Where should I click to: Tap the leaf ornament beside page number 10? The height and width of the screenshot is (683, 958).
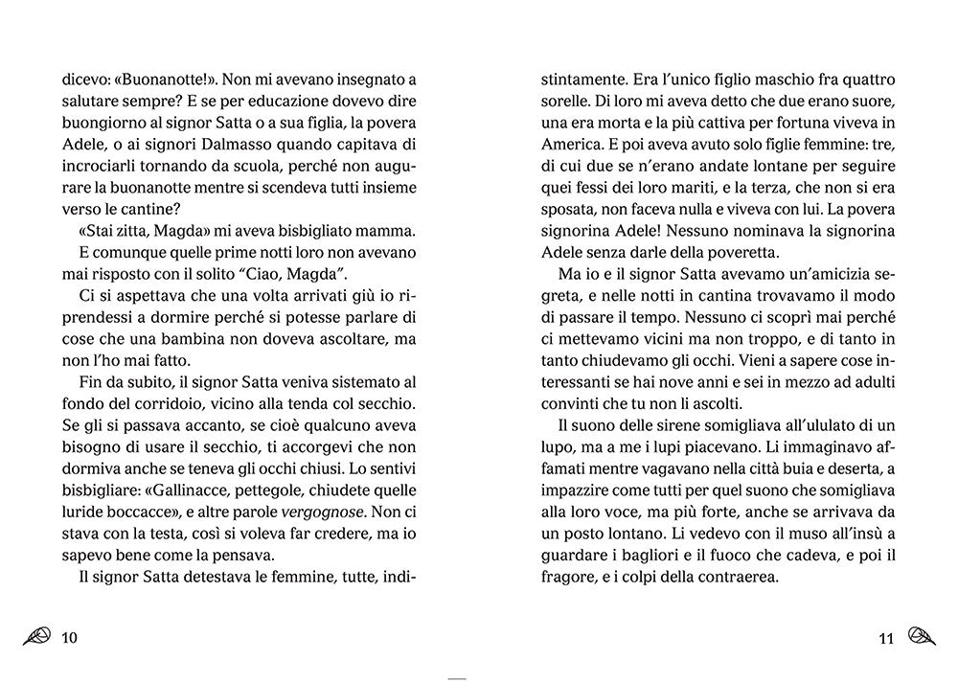point(37,636)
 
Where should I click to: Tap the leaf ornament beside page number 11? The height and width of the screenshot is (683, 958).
point(920,635)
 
